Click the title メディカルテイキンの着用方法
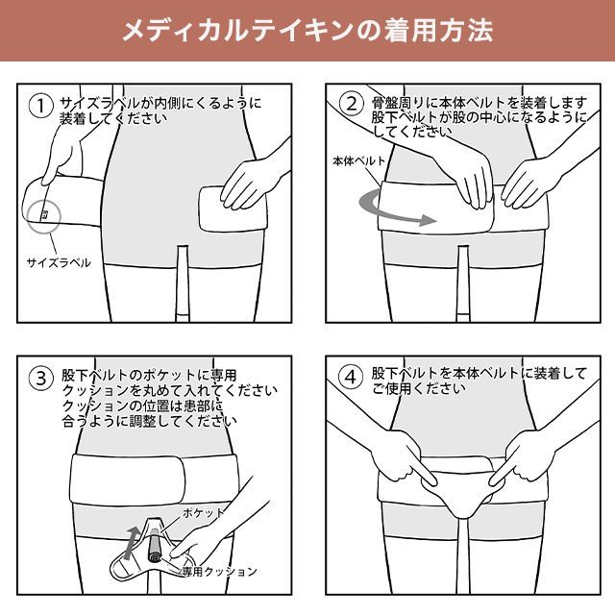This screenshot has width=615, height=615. [307, 31]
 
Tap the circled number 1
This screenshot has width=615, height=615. [40, 106]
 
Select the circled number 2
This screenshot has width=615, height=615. [351, 104]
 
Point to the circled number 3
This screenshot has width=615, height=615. [40, 379]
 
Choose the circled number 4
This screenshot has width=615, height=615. [350, 377]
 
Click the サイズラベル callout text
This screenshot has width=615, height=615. [59, 262]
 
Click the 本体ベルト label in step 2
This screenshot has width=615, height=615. [358, 161]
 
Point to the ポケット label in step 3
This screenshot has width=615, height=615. [203, 512]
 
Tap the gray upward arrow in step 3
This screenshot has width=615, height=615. [131, 543]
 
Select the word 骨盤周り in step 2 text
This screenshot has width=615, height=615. [398, 103]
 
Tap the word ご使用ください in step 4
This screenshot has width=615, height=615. [419, 388]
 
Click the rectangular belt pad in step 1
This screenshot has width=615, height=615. [233, 209]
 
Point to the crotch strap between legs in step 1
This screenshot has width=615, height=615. [183, 283]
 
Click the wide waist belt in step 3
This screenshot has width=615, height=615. [155, 479]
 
